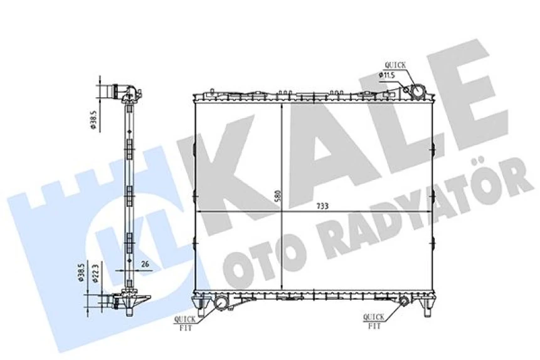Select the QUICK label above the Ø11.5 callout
pyautogui.click(x=395, y=65)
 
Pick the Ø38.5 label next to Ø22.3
pyautogui.click(x=82, y=273)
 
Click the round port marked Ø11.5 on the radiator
pyautogui.click(x=415, y=92)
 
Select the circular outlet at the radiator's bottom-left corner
pyautogui.click(x=221, y=304)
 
